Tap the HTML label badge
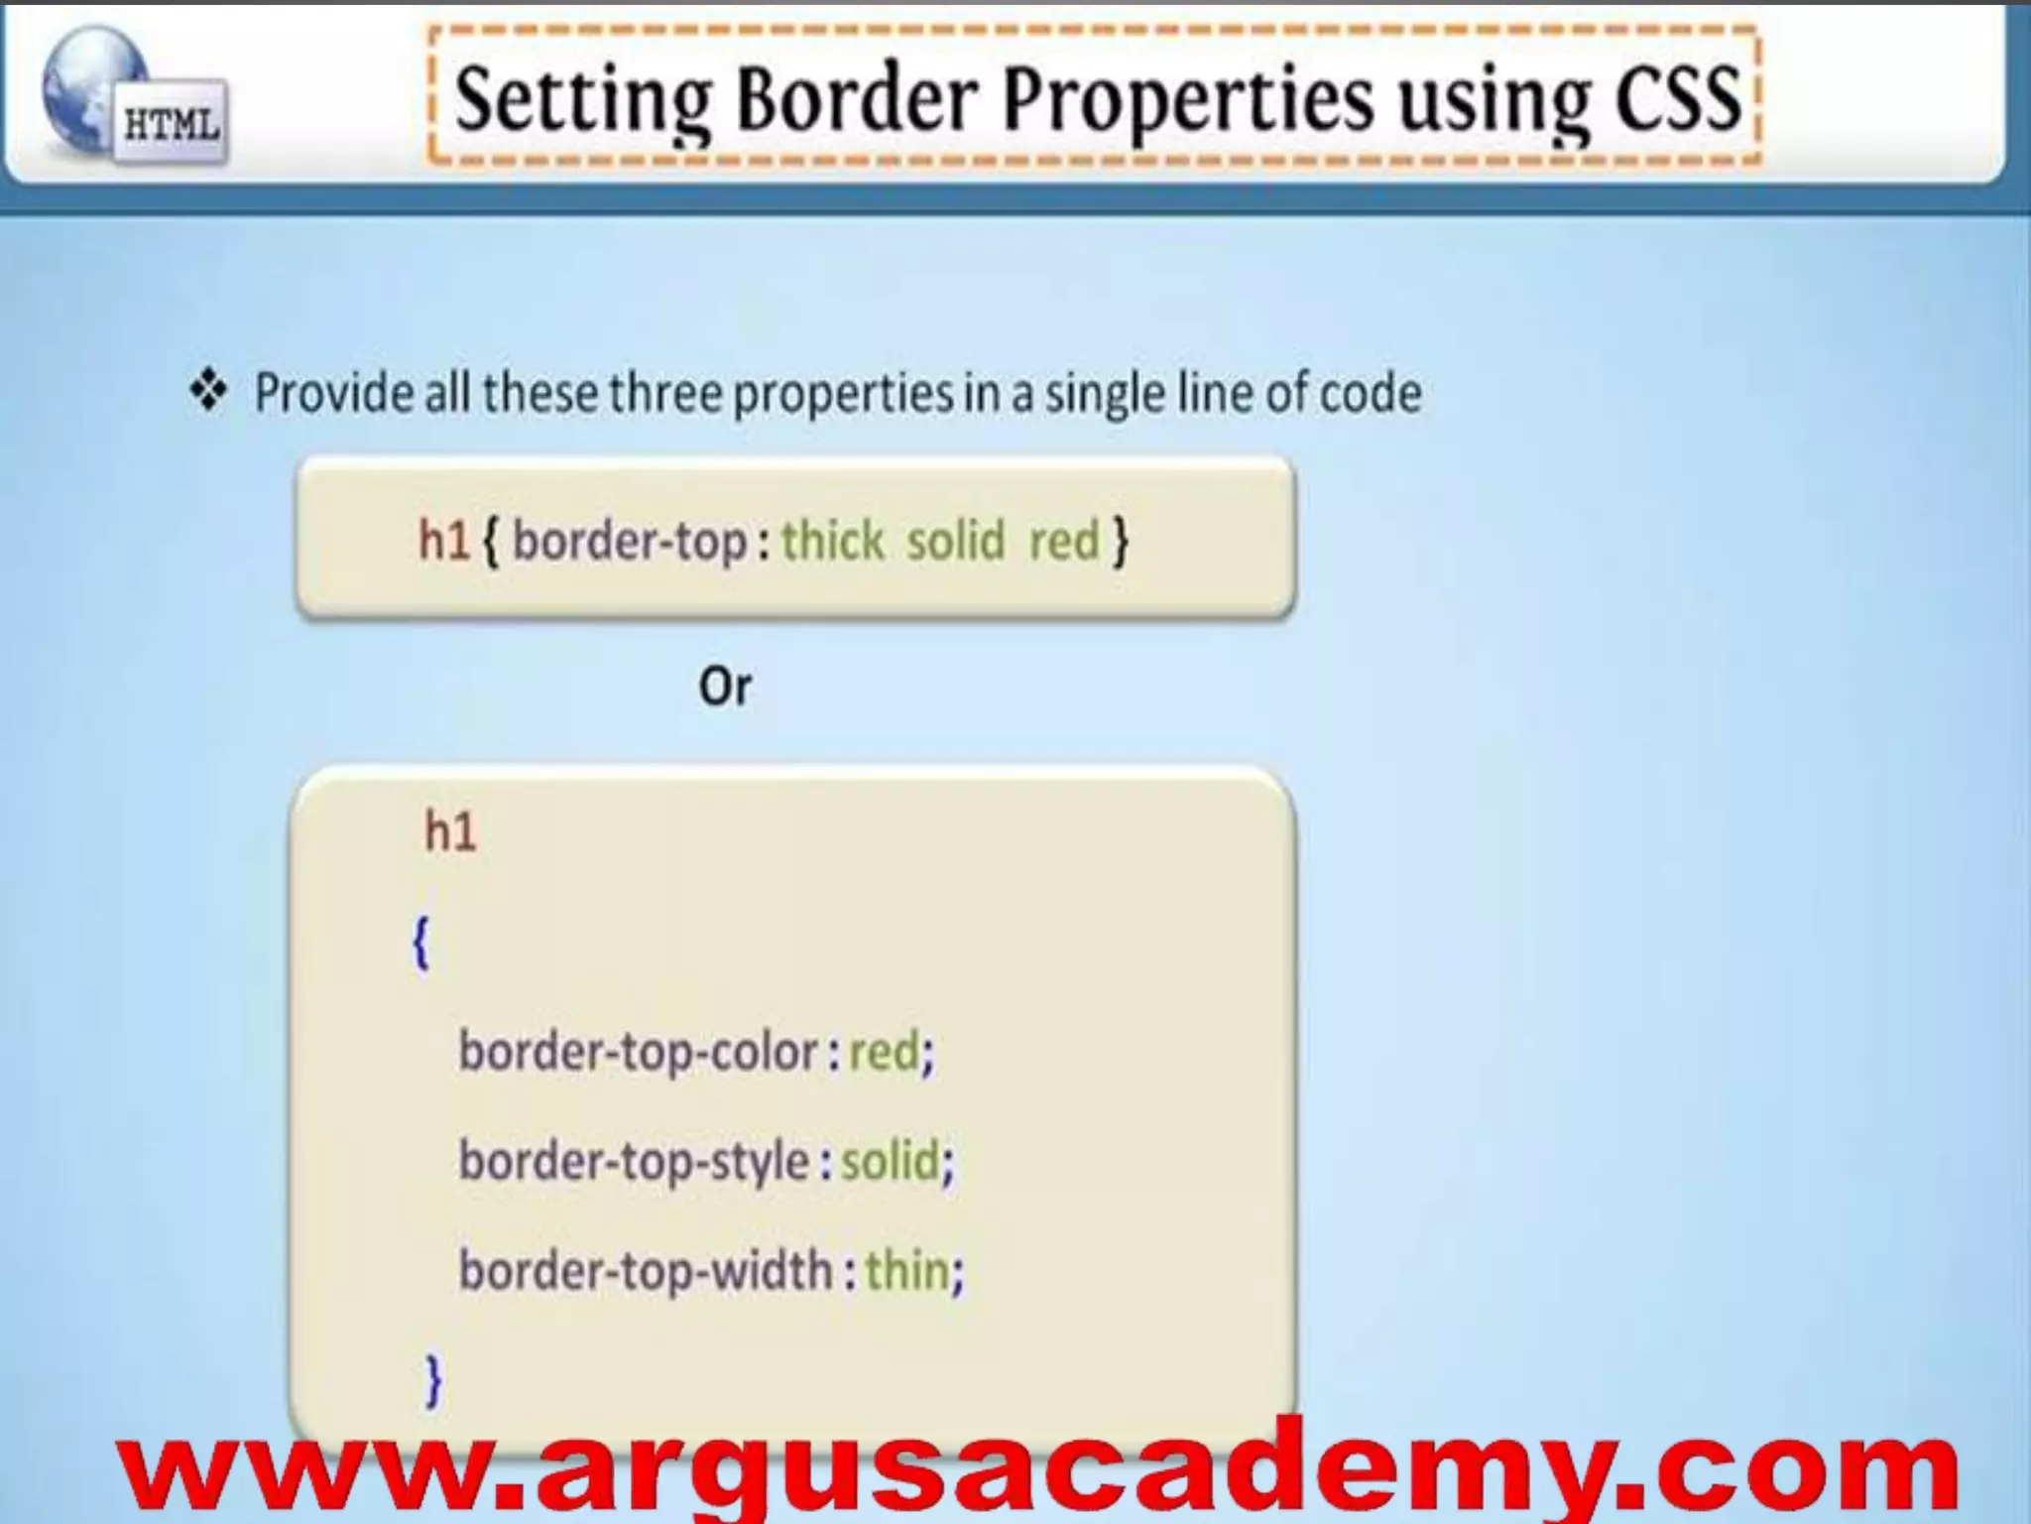pyautogui.click(x=171, y=125)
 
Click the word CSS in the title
pyautogui.click(x=1677, y=99)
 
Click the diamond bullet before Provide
pyautogui.click(x=208, y=391)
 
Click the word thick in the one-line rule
pyautogui.click(x=832, y=542)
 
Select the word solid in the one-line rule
pyautogui.click(x=955, y=542)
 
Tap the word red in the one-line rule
pyautogui.click(x=1064, y=542)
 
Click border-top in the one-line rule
pyautogui.click(x=630, y=542)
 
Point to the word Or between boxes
pyautogui.click(x=725, y=687)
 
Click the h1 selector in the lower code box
pyautogui.click(x=450, y=831)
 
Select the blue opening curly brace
pyautogui.click(x=420, y=943)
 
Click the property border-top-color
pyautogui.click(x=638, y=1052)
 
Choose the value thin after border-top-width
pyautogui.click(x=906, y=1270)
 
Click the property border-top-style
pyautogui.click(x=634, y=1161)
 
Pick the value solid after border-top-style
pyautogui.click(x=890, y=1161)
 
